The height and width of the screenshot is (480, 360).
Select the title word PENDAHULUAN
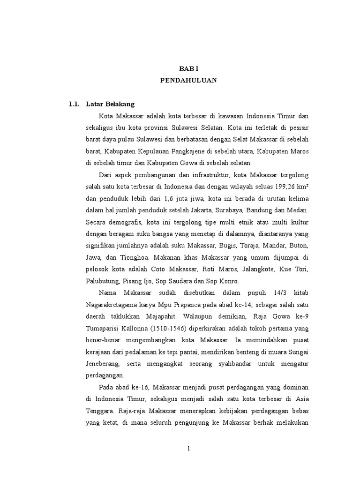click(188, 80)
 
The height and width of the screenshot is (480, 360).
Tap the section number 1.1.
click(74, 104)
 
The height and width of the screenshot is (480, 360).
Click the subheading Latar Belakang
click(113, 104)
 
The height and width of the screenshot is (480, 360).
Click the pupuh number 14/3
click(273, 292)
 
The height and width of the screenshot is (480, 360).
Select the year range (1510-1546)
click(155, 328)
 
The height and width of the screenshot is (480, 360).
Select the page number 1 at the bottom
click(188, 449)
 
